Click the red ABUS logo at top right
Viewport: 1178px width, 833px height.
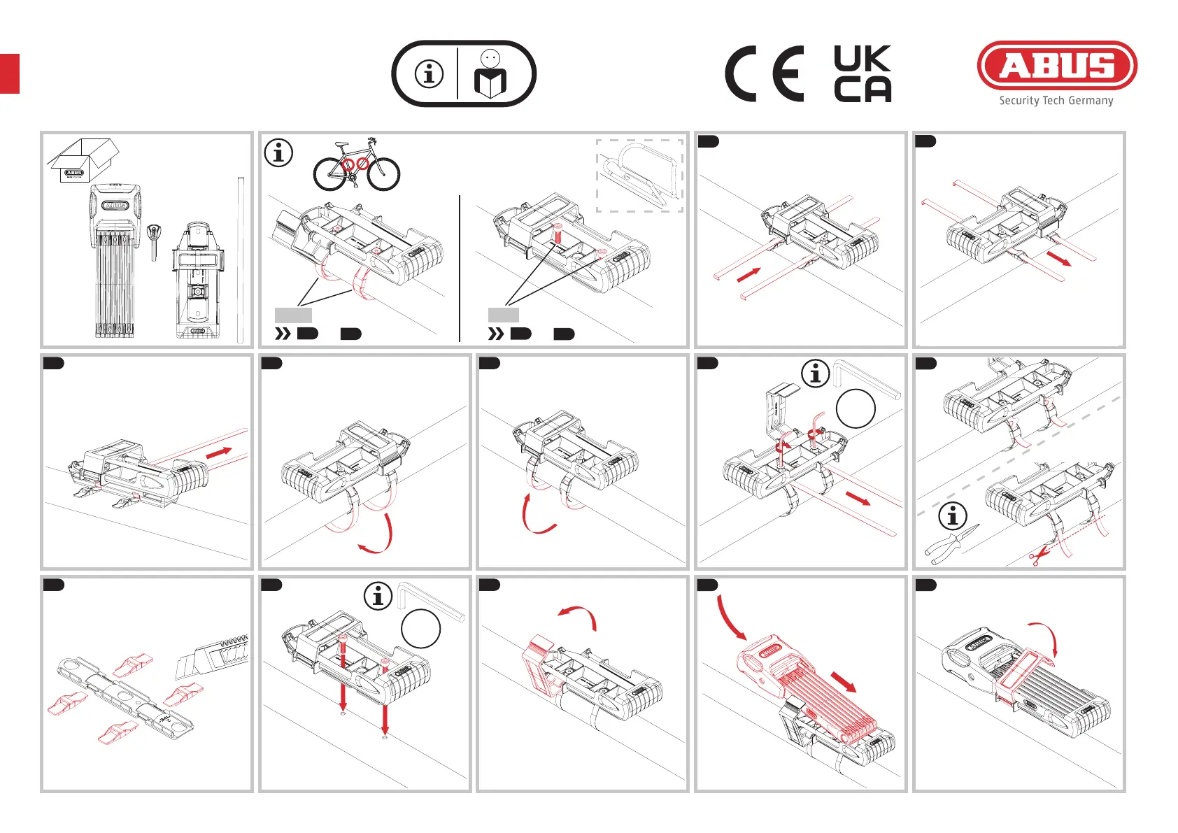point(1056,66)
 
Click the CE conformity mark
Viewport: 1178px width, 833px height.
point(764,74)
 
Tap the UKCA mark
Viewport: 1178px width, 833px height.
point(863,74)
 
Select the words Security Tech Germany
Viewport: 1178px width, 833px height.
point(1056,101)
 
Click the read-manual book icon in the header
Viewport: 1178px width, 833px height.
point(490,75)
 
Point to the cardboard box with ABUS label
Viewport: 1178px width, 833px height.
point(83,161)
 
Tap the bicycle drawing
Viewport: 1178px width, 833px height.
point(356,165)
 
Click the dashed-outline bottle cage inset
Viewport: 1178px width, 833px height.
point(639,176)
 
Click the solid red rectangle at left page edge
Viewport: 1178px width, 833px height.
point(10,73)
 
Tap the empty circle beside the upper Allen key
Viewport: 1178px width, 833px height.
point(856,408)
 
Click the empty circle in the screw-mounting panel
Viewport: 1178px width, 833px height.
point(420,629)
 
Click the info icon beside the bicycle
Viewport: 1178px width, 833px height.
point(278,152)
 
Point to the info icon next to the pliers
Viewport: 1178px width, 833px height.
point(952,516)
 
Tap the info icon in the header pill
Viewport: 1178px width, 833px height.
point(430,73)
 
